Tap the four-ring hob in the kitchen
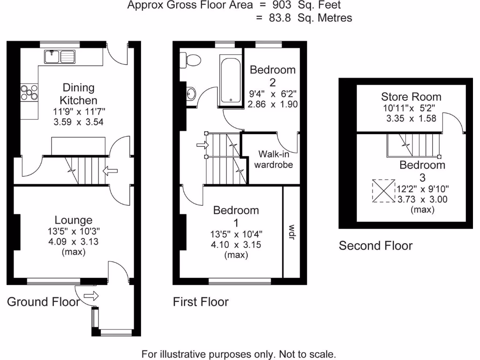tap(29, 92)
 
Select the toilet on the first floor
tap(191, 60)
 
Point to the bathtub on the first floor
tap(230, 80)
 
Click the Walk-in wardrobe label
tap(273, 159)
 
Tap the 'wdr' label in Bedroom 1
tap(292, 232)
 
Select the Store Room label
tap(411, 97)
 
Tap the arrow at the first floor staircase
tap(203, 145)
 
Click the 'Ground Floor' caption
tap(43, 301)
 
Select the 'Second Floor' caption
tap(375, 246)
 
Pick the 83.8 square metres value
tap(278, 18)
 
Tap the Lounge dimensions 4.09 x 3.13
tap(73, 242)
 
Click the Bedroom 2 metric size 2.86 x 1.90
tap(273, 104)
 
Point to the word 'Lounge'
tap(74, 220)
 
